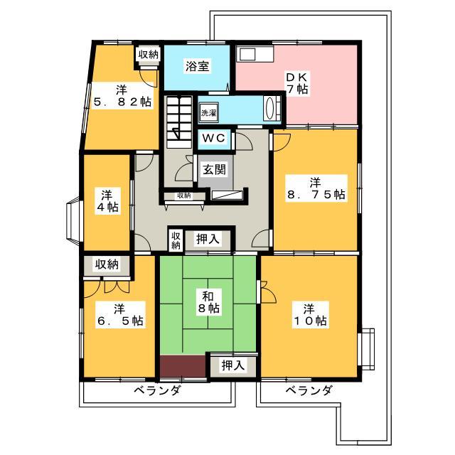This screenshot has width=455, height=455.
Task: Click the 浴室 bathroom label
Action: [198, 66]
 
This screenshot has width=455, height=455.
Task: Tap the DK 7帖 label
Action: [297, 83]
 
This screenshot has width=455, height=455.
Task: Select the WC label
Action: [214, 138]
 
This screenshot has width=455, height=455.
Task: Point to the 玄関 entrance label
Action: [214, 169]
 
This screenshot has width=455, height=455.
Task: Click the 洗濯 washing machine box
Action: [208, 112]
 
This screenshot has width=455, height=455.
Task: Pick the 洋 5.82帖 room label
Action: [122, 96]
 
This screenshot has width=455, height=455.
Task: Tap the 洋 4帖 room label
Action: [107, 201]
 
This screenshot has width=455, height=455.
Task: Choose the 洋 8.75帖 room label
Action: [316, 188]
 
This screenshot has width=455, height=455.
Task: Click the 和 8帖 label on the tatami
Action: [208, 302]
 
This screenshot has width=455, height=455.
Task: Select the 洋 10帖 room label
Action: [310, 315]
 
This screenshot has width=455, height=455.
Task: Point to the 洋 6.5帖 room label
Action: [120, 315]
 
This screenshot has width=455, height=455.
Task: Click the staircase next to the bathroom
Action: [178, 122]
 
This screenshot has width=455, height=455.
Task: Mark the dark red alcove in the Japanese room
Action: [183, 366]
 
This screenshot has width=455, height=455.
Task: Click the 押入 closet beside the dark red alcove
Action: [233, 366]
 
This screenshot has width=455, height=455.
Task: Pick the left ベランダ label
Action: [157, 390]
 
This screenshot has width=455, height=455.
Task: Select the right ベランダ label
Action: [308, 390]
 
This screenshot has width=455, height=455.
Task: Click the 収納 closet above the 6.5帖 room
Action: [107, 264]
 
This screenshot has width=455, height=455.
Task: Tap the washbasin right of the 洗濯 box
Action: [272, 108]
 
